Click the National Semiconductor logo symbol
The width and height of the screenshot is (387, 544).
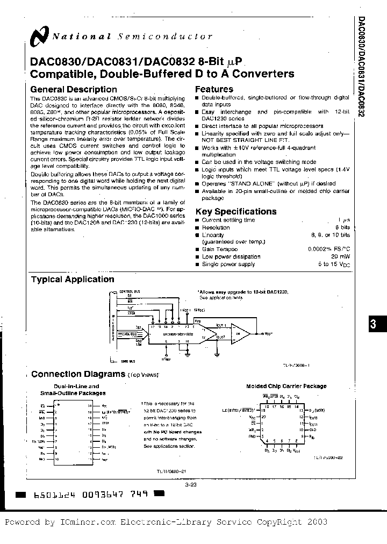[x=40, y=37]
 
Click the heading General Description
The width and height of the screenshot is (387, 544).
[x=73, y=89]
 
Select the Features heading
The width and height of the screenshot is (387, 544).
[x=214, y=89]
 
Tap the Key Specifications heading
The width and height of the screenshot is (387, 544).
[x=236, y=211]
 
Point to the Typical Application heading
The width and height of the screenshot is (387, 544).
[x=73, y=279]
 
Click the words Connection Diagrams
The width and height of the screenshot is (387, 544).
[x=78, y=374]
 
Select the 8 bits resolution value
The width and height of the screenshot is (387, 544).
[x=340, y=227]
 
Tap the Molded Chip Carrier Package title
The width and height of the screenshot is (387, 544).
[x=286, y=386]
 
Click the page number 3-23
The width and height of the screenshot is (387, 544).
[x=192, y=484]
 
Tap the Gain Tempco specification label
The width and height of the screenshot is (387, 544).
[x=219, y=249]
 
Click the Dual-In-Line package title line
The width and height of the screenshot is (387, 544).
[x=76, y=386]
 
